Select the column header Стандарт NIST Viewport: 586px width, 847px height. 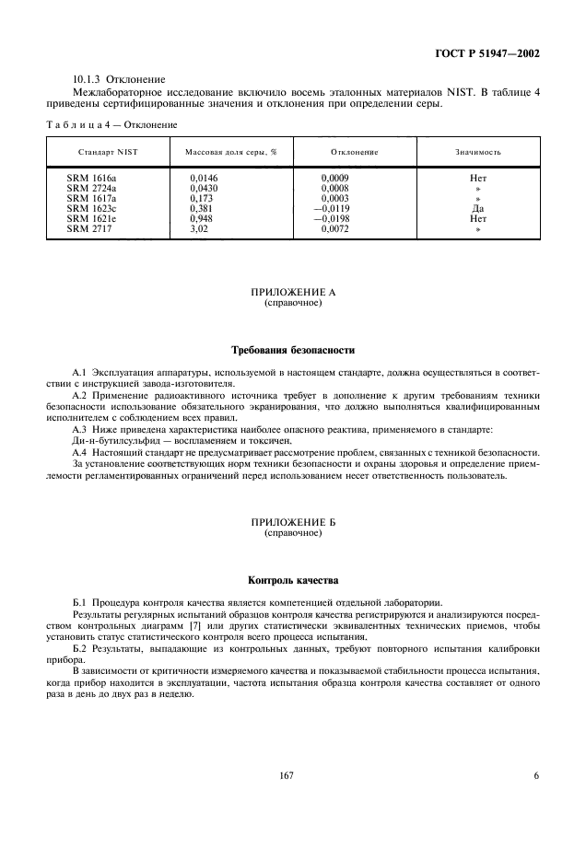pos(108,151)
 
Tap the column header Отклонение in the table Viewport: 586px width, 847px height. pos(355,151)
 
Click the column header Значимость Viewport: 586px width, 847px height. pos(477,151)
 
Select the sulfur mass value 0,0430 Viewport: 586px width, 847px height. pos(205,187)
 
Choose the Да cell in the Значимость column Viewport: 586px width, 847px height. pos(477,207)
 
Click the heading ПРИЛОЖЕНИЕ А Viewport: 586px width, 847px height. pos(293,292)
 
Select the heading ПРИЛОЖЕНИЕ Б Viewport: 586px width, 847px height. pos(293,522)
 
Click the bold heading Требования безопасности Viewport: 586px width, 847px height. pos(293,350)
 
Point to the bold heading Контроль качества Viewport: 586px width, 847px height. pos(293,581)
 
